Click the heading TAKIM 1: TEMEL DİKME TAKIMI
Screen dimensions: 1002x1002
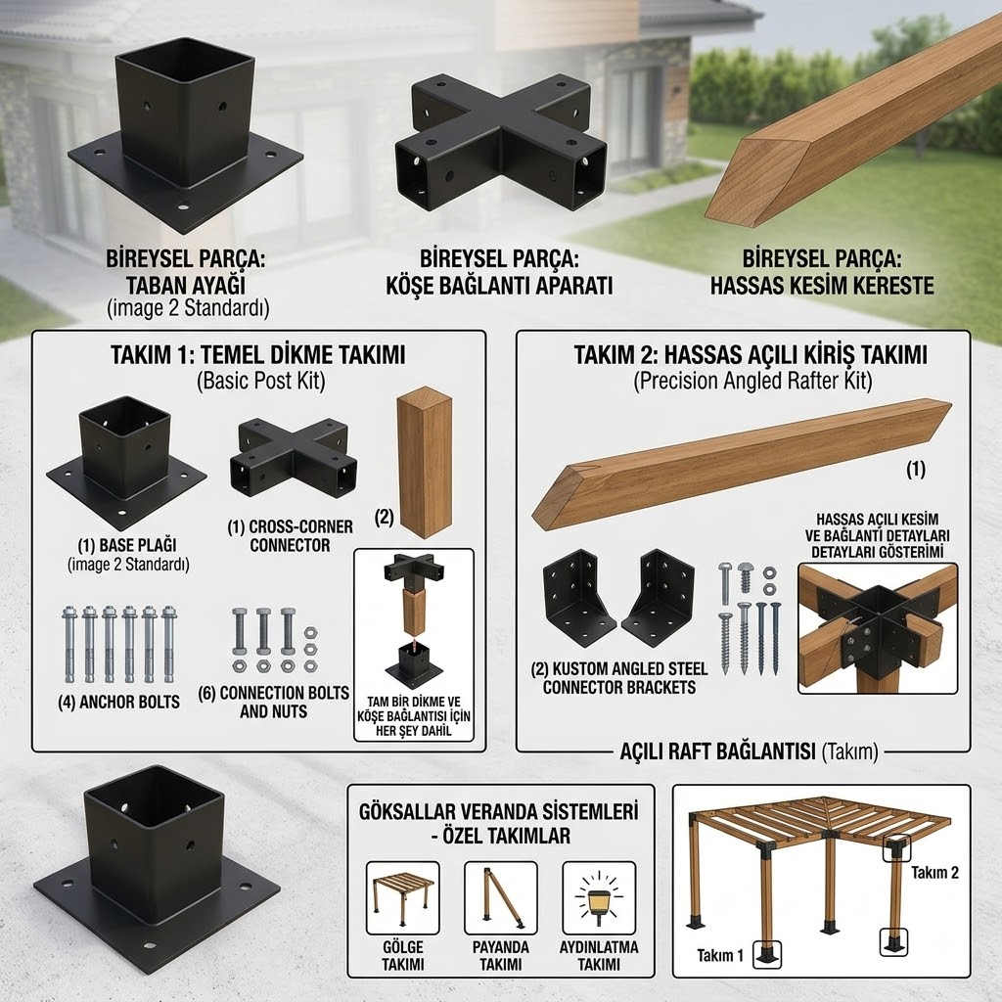pyautogui.click(x=258, y=354)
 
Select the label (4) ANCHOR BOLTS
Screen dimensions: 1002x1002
pyautogui.click(x=118, y=702)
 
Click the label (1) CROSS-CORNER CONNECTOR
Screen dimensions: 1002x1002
pyautogui.click(x=290, y=535)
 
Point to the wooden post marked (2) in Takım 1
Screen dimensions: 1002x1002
pyautogui.click(x=425, y=464)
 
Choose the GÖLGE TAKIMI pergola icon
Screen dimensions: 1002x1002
pyautogui.click(x=402, y=898)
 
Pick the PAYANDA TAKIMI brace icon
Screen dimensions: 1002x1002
pyautogui.click(x=501, y=898)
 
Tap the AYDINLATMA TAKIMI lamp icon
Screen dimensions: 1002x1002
pyautogui.click(x=599, y=898)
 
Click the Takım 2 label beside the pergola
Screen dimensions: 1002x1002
pyautogui.click(x=934, y=872)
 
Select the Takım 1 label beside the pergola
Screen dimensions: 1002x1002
pyautogui.click(x=720, y=955)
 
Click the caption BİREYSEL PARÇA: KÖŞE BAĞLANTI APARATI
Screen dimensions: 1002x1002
pyautogui.click(x=499, y=272)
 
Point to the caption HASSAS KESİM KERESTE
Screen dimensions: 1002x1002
pyautogui.click(x=822, y=285)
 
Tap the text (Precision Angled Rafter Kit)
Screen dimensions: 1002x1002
pyautogui.click(x=752, y=381)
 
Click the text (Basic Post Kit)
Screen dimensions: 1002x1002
pyautogui.click(x=260, y=381)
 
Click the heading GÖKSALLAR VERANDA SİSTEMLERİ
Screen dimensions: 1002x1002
pyautogui.click(x=499, y=811)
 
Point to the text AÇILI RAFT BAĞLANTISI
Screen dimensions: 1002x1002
pyautogui.click(x=717, y=751)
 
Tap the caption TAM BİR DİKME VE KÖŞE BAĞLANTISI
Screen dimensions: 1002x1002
pyautogui.click(x=414, y=708)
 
